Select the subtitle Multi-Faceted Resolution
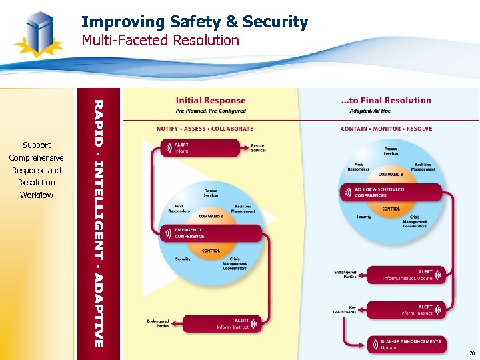[160, 41]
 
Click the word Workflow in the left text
[37, 195]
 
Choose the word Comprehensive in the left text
[37, 158]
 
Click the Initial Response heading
[211, 101]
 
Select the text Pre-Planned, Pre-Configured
[211, 111]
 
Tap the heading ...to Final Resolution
[386, 101]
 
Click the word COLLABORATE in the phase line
[232, 129]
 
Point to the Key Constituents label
[345, 310]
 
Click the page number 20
[471, 353]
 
